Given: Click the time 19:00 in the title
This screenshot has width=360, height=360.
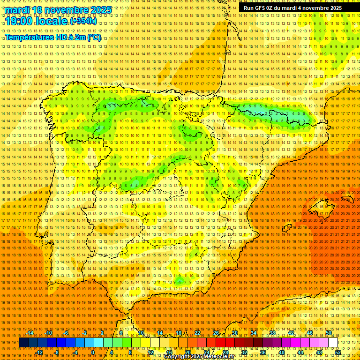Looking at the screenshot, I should point(19,21).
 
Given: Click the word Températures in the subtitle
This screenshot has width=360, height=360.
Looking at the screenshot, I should point(28,37).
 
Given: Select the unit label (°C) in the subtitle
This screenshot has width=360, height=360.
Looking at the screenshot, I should point(94,37).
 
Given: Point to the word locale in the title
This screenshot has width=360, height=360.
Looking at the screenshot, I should point(52,21).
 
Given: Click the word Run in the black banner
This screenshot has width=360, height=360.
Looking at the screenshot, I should point(249,8).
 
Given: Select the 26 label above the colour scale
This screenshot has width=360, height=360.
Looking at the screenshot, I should point(216,333).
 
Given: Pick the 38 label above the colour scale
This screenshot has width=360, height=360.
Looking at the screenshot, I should point(272,333).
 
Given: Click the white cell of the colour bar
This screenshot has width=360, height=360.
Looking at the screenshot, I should point(333,343).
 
